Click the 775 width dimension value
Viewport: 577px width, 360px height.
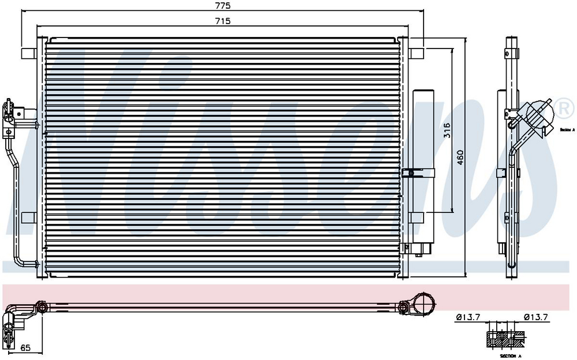click(223, 6)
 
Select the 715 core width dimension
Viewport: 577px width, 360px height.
click(223, 21)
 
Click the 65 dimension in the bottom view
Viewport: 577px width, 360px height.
click(25, 348)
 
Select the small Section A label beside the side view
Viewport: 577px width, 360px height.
click(567, 130)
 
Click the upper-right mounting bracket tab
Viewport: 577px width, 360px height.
click(418, 52)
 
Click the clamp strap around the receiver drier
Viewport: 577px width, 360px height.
click(420, 172)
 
